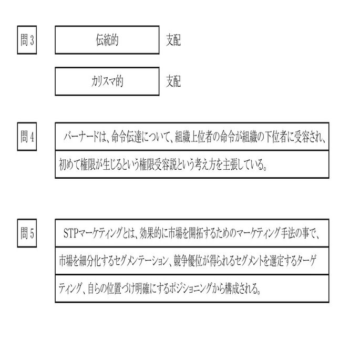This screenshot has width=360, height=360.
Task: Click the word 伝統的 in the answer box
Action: tap(107, 41)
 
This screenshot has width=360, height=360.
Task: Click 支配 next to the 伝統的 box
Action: tap(173, 41)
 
